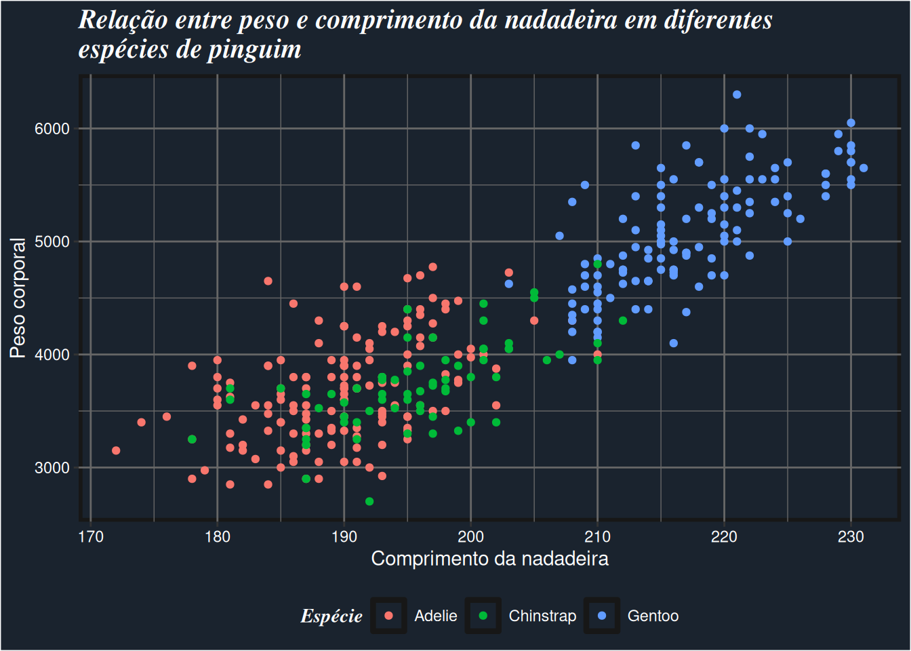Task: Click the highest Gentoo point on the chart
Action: click(737, 94)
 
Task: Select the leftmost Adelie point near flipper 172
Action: click(116, 450)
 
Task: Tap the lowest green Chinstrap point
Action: click(369, 501)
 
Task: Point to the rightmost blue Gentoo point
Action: click(864, 168)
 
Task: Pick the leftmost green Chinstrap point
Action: click(192, 439)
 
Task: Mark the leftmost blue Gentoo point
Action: click(509, 284)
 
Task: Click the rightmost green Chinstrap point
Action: click(623, 321)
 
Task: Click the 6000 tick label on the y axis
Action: click(52, 129)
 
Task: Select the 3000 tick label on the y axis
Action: click(52, 468)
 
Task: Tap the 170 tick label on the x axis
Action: click(91, 537)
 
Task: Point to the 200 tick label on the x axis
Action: click(470, 537)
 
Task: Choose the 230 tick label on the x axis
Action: click(851, 537)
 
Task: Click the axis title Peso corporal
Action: click(18, 298)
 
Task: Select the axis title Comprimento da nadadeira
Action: click(489, 559)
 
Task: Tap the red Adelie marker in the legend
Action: click(388, 616)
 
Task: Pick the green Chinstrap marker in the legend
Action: click(483, 616)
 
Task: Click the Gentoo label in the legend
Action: click(653, 616)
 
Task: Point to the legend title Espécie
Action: click(331, 616)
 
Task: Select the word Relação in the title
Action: click(123, 20)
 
